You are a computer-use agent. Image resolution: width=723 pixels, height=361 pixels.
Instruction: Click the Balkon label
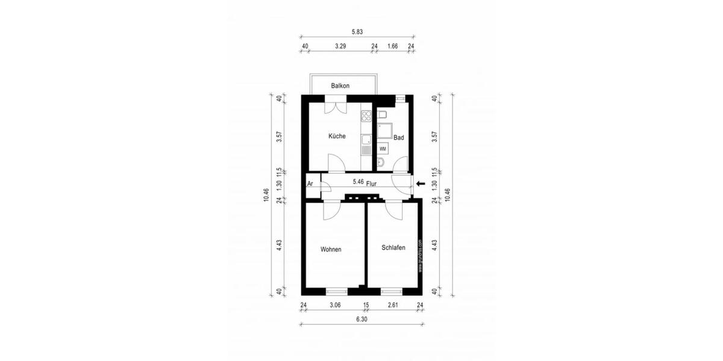click(x=340, y=86)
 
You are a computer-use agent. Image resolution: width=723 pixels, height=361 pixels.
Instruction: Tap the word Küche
click(x=337, y=136)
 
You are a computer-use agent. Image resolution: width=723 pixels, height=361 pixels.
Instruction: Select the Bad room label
click(x=398, y=138)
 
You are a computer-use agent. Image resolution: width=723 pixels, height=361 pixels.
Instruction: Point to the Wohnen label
click(x=331, y=249)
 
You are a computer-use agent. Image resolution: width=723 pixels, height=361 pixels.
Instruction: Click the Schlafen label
click(x=393, y=247)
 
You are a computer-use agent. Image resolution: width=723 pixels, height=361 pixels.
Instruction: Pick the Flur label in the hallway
click(x=371, y=183)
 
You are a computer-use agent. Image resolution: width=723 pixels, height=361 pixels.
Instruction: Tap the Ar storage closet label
click(x=310, y=184)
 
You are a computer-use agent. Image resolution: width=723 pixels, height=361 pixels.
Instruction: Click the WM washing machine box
click(x=383, y=148)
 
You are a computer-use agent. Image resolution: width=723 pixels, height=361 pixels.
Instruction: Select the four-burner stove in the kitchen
click(x=366, y=117)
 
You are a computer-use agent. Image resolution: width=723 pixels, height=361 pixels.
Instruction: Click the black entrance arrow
click(x=421, y=184)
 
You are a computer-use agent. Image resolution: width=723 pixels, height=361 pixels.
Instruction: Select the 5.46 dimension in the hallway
click(x=357, y=181)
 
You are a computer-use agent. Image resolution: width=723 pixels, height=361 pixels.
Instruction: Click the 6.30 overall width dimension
click(x=361, y=319)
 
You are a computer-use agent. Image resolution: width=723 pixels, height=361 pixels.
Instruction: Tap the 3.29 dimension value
click(x=340, y=46)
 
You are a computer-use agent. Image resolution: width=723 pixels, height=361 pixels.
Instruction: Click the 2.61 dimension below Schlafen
click(x=392, y=306)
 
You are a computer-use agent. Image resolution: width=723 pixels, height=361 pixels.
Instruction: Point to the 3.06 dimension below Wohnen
click(x=335, y=306)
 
